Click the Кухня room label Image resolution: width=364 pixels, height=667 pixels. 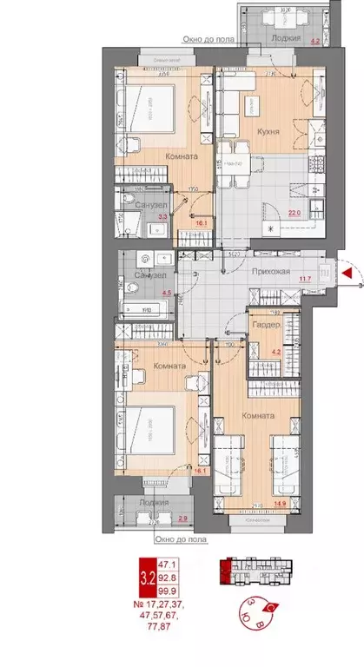[x=268, y=132]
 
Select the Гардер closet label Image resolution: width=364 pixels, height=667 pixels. [x=265, y=324]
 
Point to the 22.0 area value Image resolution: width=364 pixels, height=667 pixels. [x=295, y=211]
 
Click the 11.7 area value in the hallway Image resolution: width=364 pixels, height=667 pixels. [x=305, y=278]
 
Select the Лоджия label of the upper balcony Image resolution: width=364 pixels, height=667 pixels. [x=286, y=40]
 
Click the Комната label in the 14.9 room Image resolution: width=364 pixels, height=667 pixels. [x=258, y=416]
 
